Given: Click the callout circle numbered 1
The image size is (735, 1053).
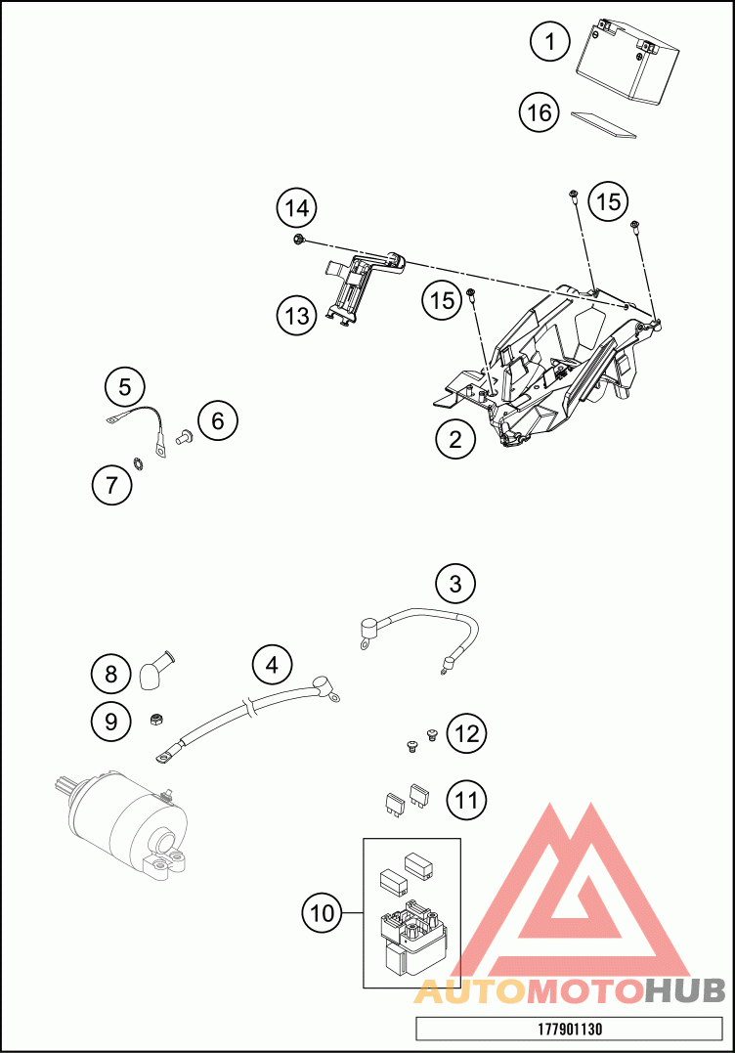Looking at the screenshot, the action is (549, 42).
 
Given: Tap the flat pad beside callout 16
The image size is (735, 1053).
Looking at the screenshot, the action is (603, 124).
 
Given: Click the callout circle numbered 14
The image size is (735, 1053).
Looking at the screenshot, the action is (297, 209).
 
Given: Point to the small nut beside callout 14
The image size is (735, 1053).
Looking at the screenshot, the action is (299, 240).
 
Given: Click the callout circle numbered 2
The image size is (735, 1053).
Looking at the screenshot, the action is (455, 440).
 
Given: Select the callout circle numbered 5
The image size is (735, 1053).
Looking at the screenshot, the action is (125, 387).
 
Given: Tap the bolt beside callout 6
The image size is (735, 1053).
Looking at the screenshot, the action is (183, 437).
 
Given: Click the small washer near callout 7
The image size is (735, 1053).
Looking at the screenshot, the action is (138, 463).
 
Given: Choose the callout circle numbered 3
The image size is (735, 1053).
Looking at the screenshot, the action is (455, 584).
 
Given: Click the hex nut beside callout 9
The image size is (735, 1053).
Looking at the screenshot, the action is (155, 720).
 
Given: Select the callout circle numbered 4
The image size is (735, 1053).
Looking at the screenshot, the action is (272, 665).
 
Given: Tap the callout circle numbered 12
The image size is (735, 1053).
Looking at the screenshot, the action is (466, 733).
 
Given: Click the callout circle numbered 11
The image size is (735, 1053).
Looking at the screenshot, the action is (466, 800).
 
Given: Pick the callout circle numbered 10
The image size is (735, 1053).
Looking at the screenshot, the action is (323, 912).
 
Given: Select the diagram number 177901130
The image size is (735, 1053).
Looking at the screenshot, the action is (570, 1029).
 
